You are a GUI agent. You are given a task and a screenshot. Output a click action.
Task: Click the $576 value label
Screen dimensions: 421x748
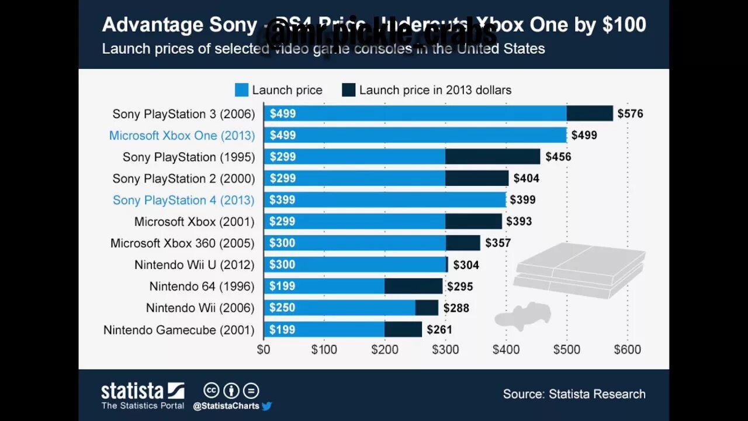(x=630, y=113)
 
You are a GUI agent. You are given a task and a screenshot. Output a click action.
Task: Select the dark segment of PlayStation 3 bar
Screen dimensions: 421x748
(x=590, y=113)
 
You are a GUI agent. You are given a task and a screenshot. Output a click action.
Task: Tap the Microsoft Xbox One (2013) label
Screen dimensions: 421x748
(x=182, y=136)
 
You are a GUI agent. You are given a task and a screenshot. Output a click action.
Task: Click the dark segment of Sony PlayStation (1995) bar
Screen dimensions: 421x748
(x=493, y=157)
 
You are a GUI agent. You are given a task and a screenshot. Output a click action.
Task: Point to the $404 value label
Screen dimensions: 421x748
(x=526, y=178)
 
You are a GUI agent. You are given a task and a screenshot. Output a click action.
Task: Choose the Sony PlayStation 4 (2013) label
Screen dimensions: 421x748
(x=183, y=200)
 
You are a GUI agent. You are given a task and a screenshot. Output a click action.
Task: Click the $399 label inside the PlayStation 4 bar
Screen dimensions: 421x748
(x=282, y=200)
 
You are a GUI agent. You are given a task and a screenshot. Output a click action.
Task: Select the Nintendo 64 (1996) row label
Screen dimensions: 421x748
(x=202, y=287)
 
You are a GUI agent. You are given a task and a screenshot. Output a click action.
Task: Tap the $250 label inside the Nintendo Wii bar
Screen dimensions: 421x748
(x=282, y=308)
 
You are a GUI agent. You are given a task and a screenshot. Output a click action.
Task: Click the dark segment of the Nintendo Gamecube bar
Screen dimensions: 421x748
(x=403, y=330)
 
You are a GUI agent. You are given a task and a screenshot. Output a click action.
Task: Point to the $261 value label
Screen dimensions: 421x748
(x=439, y=330)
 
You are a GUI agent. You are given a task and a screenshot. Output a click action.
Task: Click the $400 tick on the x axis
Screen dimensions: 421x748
(x=506, y=350)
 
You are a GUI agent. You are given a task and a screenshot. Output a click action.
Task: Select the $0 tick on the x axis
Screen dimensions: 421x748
(x=264, y=350)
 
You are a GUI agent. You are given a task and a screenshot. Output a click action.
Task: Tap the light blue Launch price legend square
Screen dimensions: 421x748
(x=241, y=90)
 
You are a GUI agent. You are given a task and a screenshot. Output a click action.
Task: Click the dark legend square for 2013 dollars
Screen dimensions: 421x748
(x=349, y=90)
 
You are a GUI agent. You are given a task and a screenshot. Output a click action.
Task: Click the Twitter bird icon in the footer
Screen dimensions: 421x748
(x=267, y=406)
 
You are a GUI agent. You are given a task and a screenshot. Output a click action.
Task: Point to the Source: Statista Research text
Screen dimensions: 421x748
(x=574, y=394)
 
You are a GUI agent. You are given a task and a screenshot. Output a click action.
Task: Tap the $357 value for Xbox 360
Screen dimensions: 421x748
(x=497, y=243)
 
